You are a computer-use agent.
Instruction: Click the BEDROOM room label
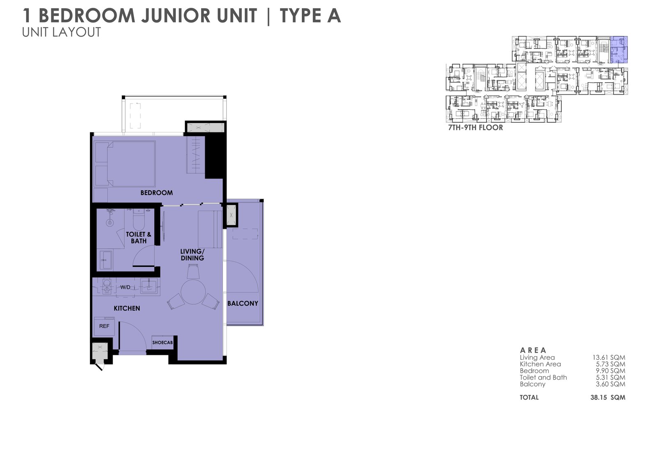pyautogui.click(x=156, y=193)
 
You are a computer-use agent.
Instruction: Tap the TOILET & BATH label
pyautogui.click(x=138, y=238)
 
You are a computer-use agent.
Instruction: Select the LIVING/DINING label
pyautogui.click(x=192, y=255)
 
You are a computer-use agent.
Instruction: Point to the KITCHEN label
pyautogui.click(x=127, y=308)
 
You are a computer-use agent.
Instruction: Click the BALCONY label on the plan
pyautogui.click(x=243, y=303)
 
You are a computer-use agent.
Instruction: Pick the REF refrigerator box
pyautogui.click(x=104, y=326)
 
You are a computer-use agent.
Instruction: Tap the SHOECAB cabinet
pyautogui.click(x=163, y=343)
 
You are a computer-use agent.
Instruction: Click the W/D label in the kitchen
pyautogui.click(x=125, y=287)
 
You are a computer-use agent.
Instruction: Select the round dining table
pyautogui.click(x=193, y=292)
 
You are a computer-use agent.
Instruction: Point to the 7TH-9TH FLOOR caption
pyautogui.click(x=476, y=127)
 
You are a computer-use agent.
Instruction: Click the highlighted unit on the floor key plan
pyautogui.click(x=619, y=50)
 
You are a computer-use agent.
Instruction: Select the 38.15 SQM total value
pyautogui.click(x=608, y=398)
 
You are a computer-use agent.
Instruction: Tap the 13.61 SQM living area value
pyautogui.click(x=609, y=358)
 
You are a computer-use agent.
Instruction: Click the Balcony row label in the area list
pyautogui.click(x=532, y=385)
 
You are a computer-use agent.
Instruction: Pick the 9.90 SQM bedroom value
pyautogui.click(x=610, y=371)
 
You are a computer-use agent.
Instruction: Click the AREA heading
pyautogui.click(x=533, y=350)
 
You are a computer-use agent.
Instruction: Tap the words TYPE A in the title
pyautogui.click(x=310, y=16)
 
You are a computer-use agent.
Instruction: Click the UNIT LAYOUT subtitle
pyautogui.click(x=62, y=32)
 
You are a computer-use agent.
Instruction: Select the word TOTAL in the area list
pyautogui.click(x=529, y=398)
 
